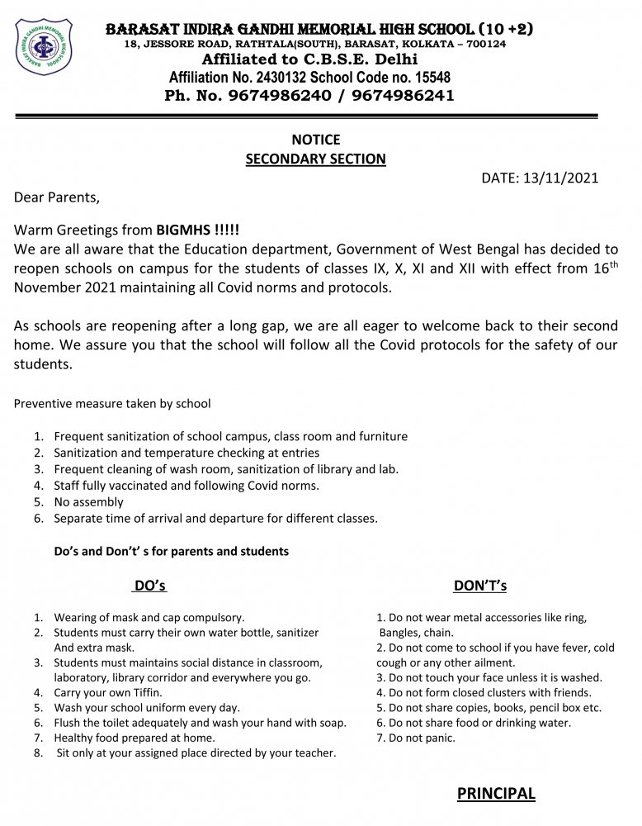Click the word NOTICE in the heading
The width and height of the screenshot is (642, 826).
click(x=315, y=140)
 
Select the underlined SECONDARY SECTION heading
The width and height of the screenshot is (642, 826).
click(x=315, y=159)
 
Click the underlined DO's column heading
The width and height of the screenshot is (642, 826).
click(x=150, y=586)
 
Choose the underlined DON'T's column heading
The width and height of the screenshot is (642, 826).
click(x=479, y=586)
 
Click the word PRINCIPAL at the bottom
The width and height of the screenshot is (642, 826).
click(x=495, y=794)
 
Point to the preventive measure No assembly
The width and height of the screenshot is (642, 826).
click(x=88, y=501)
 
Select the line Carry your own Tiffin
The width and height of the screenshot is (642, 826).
click(x=108, y=692)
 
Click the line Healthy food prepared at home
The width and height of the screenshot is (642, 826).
click(x=134, y=738)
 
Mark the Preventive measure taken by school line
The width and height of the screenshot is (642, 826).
click(x=112, y=404)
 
